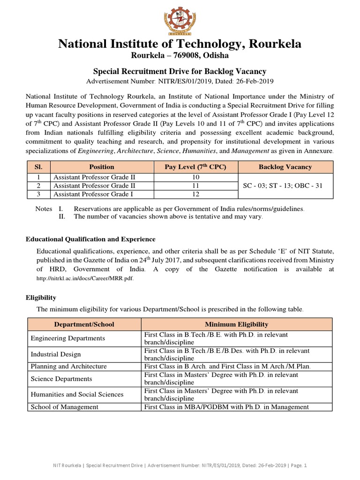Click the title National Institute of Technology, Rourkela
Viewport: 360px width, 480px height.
[x=180, y=44]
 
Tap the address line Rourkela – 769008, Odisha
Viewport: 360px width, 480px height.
[x=180, y=56]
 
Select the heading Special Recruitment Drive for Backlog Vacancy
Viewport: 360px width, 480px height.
[x=180, y=71]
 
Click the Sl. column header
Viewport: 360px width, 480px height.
[x=39, y=167]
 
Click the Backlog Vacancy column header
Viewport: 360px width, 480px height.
[x=285, y=167]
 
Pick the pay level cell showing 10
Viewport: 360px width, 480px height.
[x=195, y=177]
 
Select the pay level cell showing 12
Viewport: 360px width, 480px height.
[x=195, y=194]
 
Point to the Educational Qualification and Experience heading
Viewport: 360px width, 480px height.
[x=90, y=239]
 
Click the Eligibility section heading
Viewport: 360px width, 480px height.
[x=41, y=298]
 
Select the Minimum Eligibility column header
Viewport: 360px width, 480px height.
[x=236, y=324]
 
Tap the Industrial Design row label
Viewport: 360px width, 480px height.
[x=56, y=354]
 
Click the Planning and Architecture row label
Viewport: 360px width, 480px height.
[x=68, y=367]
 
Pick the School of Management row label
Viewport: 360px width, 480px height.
[x=64, y=407]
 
